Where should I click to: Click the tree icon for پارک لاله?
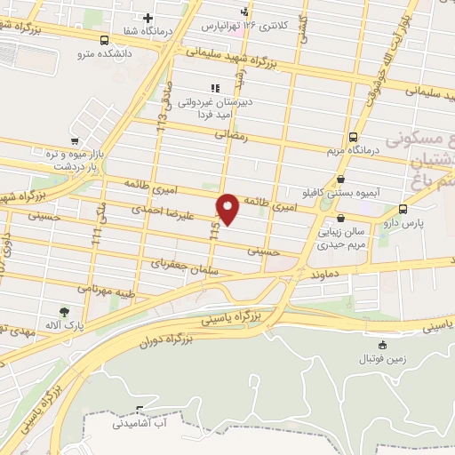[x=63, y=311]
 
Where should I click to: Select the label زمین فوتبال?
[x=381, y=359]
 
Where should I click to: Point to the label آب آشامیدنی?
[x=139, y=424]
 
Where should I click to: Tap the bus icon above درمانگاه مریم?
[x=353, y=137]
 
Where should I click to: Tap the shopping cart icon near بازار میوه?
[x=76, y=140]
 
